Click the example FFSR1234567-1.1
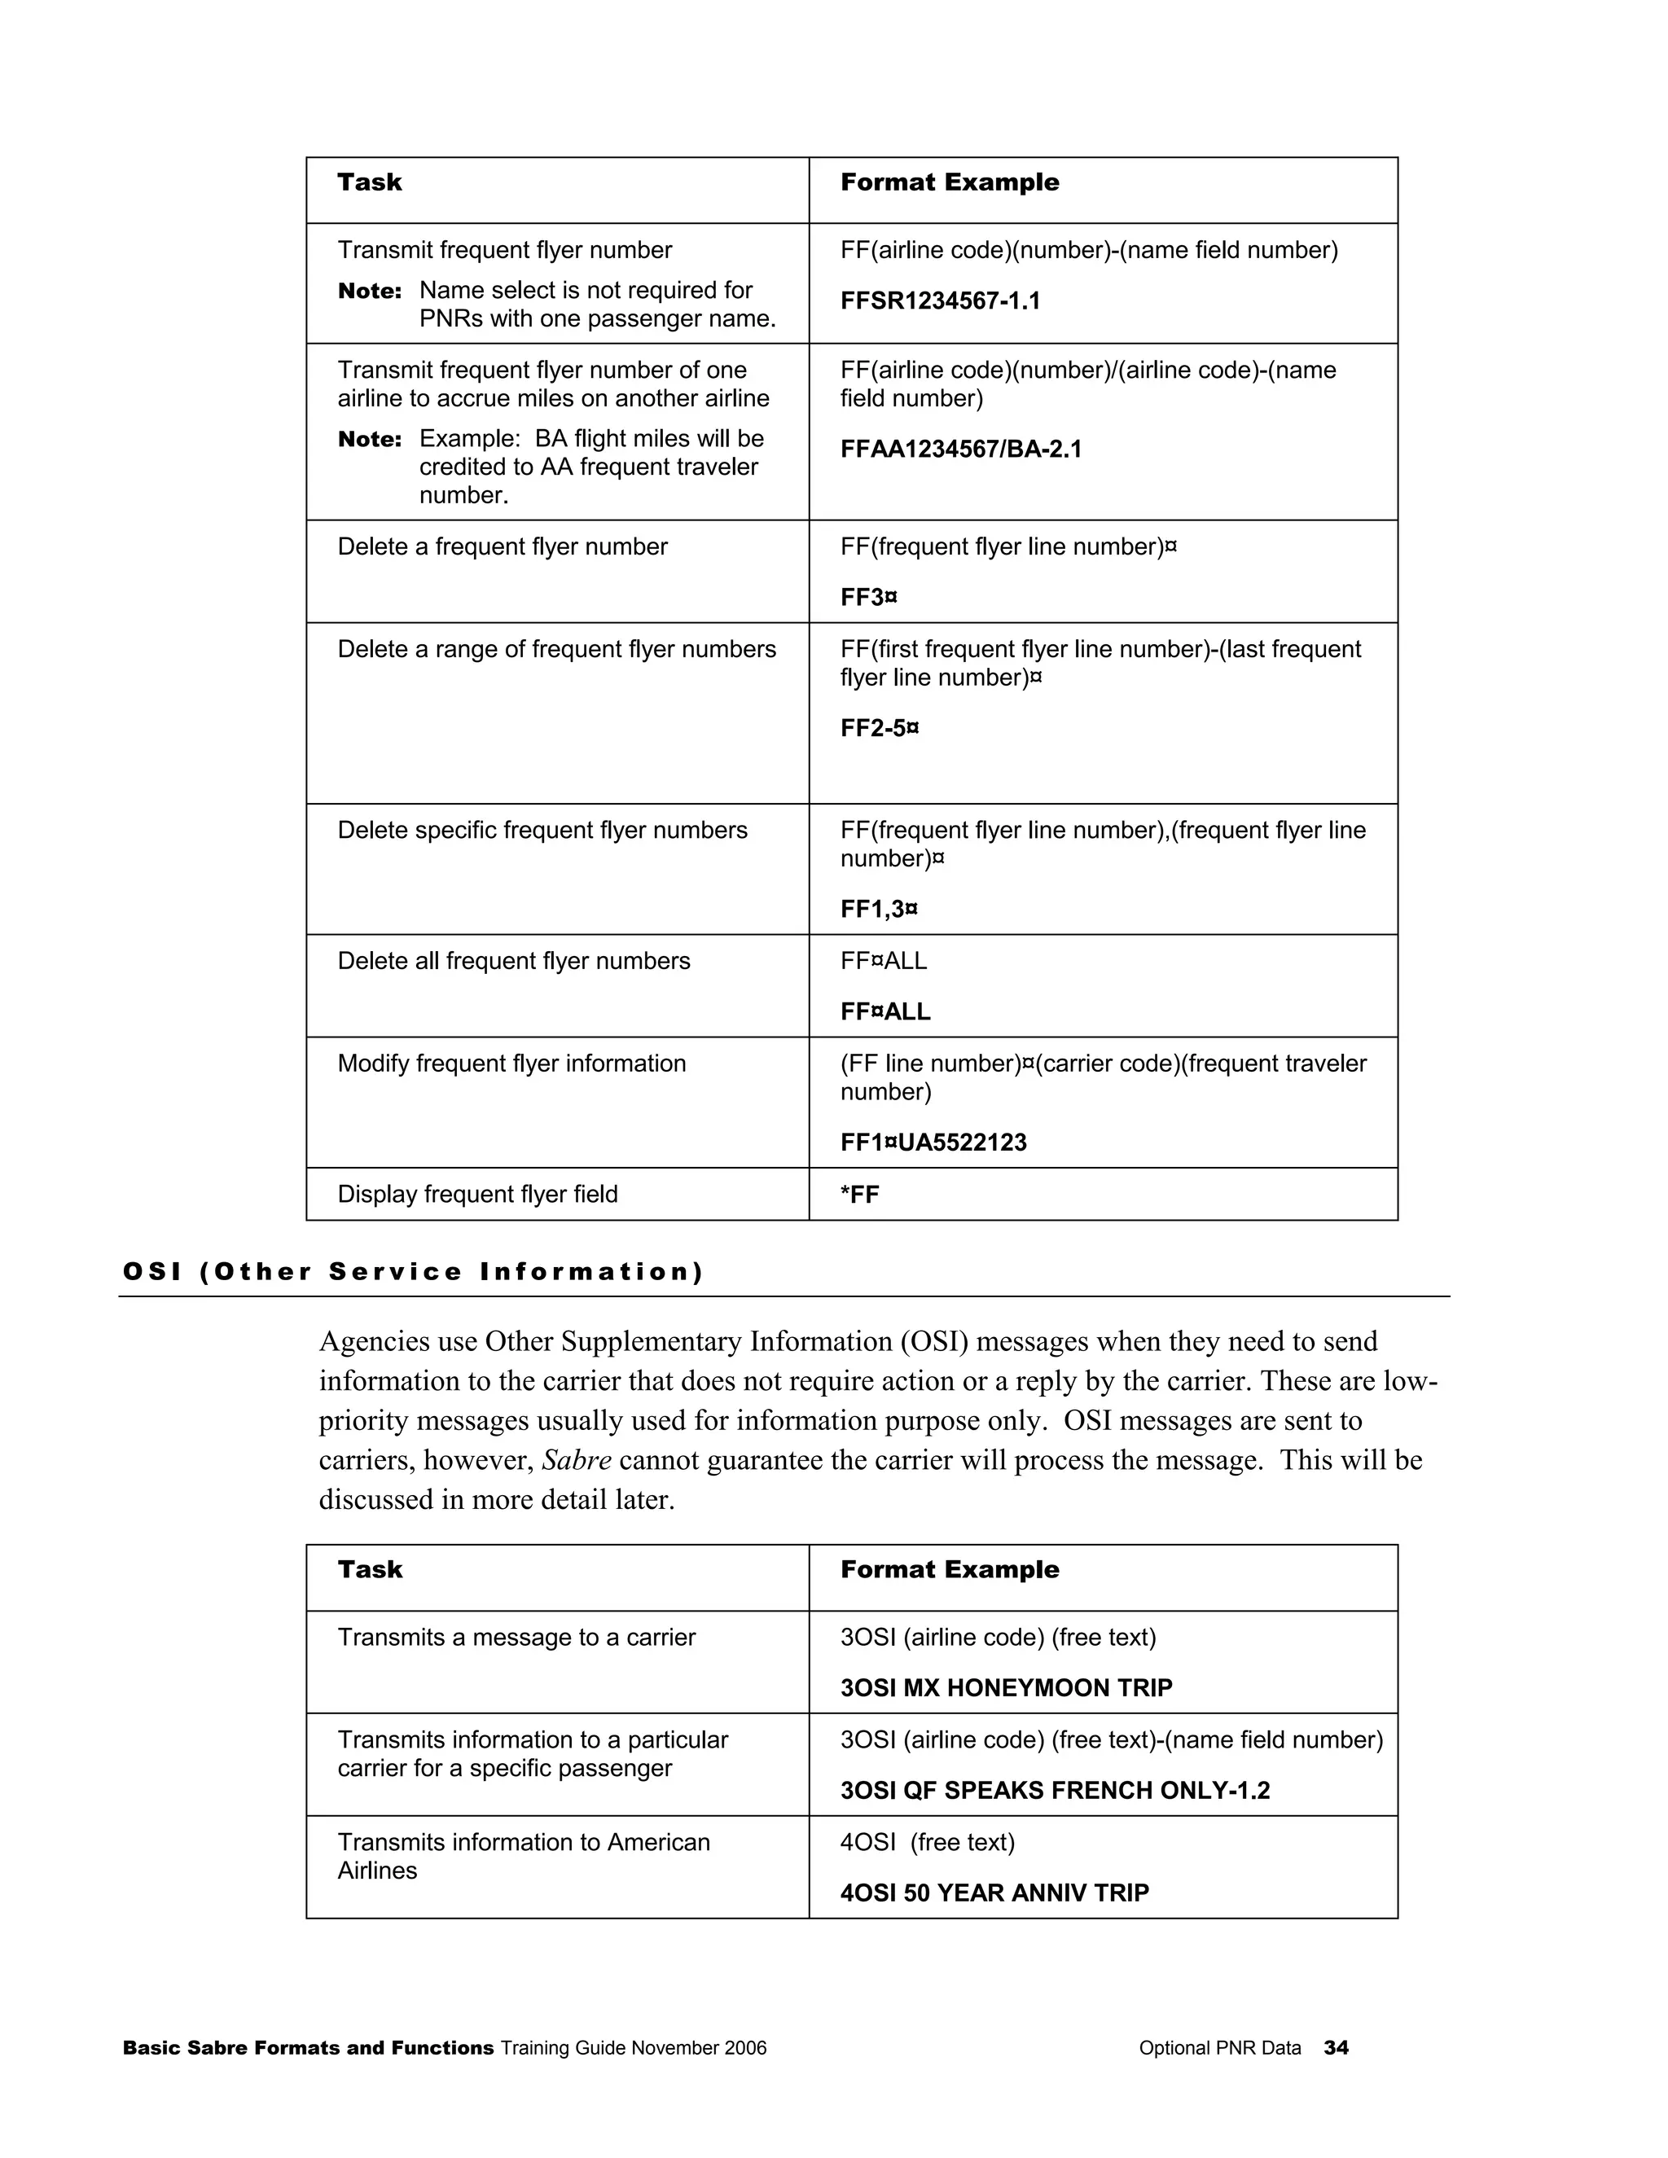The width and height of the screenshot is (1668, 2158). click(940, 301)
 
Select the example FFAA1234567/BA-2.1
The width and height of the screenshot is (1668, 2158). click(960, 450)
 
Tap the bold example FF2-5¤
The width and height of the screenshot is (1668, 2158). click(880, 728)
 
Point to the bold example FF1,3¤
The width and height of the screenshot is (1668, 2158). click(879, 909)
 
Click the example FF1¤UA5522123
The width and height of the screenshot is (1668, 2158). click(933, 1143)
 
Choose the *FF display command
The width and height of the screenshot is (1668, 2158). click(858, 1195)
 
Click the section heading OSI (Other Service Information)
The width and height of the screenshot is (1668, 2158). click(413, 1272)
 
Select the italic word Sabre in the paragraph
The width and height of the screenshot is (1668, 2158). click(577, 1460)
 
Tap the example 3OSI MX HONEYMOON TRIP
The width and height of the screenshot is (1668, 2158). click(1006, 1687)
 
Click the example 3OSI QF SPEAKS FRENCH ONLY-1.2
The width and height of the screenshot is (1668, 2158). click(1055, 1791)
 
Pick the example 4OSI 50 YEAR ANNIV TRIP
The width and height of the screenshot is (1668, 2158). click(994, 1893)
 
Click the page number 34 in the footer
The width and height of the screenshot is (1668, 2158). click(1336, 2048)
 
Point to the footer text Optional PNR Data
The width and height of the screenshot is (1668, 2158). click(1219, 2048)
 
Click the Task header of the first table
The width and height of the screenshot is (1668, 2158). click(370, 182)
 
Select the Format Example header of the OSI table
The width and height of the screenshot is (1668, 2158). click(949, 1570)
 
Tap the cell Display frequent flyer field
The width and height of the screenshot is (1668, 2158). click(477, 1195)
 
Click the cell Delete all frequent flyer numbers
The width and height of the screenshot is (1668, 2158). click(514, 962)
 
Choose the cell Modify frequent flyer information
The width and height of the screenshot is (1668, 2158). click(511, 1064)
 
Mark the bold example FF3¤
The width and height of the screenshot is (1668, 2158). click(868, 598)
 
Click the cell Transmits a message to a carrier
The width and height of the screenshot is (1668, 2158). click(516, 1638)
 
